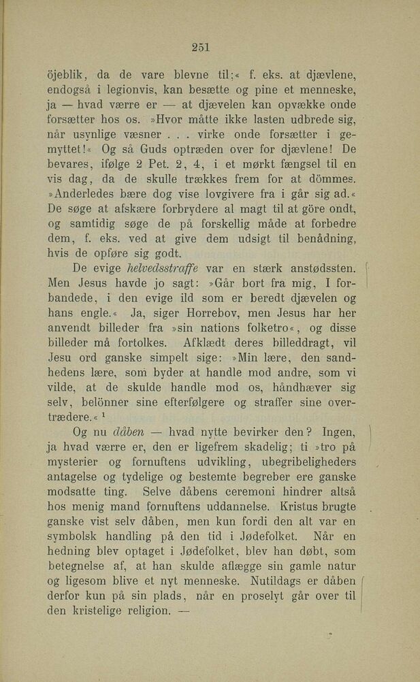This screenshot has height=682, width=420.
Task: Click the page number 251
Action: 200,47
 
